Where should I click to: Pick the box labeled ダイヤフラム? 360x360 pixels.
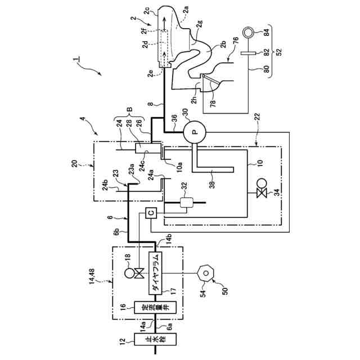[155, 273]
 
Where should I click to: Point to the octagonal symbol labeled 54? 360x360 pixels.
[206, 273]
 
